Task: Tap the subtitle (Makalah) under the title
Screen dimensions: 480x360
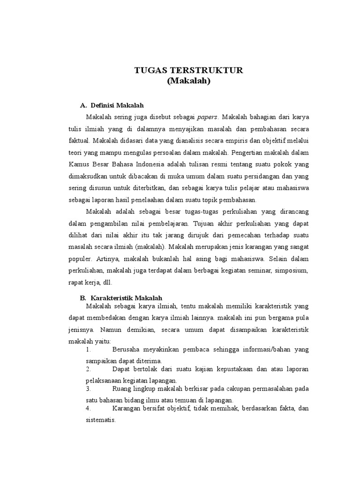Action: [189, 81]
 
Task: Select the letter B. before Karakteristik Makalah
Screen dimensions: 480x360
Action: [83, 298]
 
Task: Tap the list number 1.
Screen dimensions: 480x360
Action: [88, 350]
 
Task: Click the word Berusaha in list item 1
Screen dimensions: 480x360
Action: [127, 350]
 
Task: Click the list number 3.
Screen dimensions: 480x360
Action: [88, 389]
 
